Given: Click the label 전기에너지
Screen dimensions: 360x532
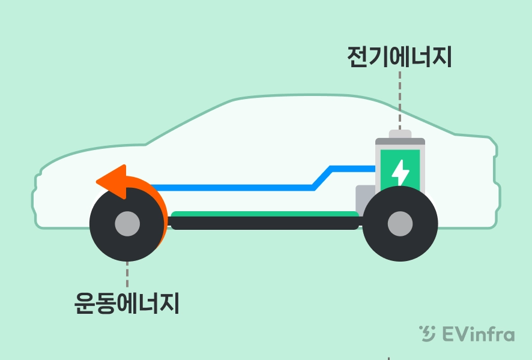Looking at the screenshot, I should click(399, 57).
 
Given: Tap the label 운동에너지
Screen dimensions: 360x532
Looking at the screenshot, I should click(127, 303).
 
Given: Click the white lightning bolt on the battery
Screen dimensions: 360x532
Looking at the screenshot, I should click(400, 173).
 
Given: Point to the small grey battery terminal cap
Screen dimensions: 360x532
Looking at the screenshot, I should click(400, 134).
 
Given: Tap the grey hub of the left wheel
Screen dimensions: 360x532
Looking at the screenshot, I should click(127, 224).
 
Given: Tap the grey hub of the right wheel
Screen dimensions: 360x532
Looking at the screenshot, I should click(400, 224).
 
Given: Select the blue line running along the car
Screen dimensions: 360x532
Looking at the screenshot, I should click(228, 188).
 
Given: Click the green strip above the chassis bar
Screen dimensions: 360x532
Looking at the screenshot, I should click(264, 214).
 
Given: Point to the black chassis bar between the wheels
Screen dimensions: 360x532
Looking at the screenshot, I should click(264, 224).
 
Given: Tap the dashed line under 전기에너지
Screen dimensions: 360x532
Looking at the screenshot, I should click(400, 99).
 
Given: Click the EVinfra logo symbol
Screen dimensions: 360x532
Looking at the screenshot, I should click(428, 334).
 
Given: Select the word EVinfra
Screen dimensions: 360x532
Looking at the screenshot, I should click(478, 334).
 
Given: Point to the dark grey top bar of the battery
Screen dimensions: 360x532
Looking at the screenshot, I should click(400, 142).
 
